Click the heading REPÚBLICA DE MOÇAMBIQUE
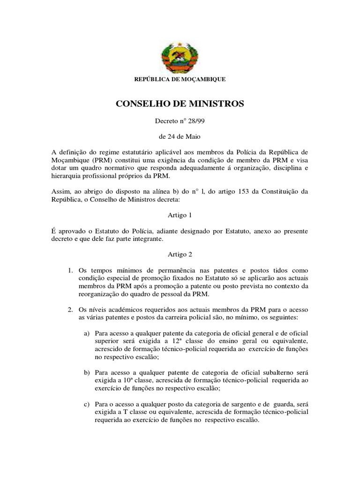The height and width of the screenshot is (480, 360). tap(180, 80)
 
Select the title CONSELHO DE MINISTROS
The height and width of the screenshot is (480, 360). tap(180, 104)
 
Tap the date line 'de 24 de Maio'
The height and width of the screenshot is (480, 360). tap(180, 137)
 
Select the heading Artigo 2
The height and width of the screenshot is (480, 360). tap(180, 255)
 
